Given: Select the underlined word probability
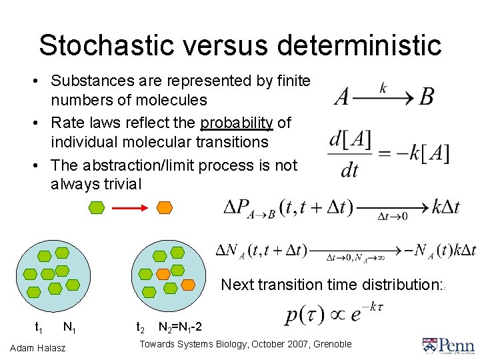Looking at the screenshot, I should (237, 123).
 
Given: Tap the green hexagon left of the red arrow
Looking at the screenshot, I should (97, 208).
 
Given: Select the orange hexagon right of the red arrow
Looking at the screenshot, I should (163, 208).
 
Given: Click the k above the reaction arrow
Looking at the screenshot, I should (383, 87).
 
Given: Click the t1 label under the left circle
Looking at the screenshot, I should (39, 327).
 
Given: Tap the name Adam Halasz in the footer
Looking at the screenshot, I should (39, 348).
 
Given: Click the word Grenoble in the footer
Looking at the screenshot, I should (329, 344).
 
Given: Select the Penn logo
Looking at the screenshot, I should (447, 345).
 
